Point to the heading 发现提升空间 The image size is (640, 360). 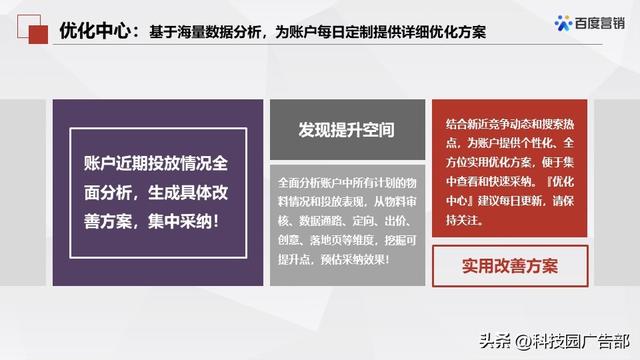[345, 130]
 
